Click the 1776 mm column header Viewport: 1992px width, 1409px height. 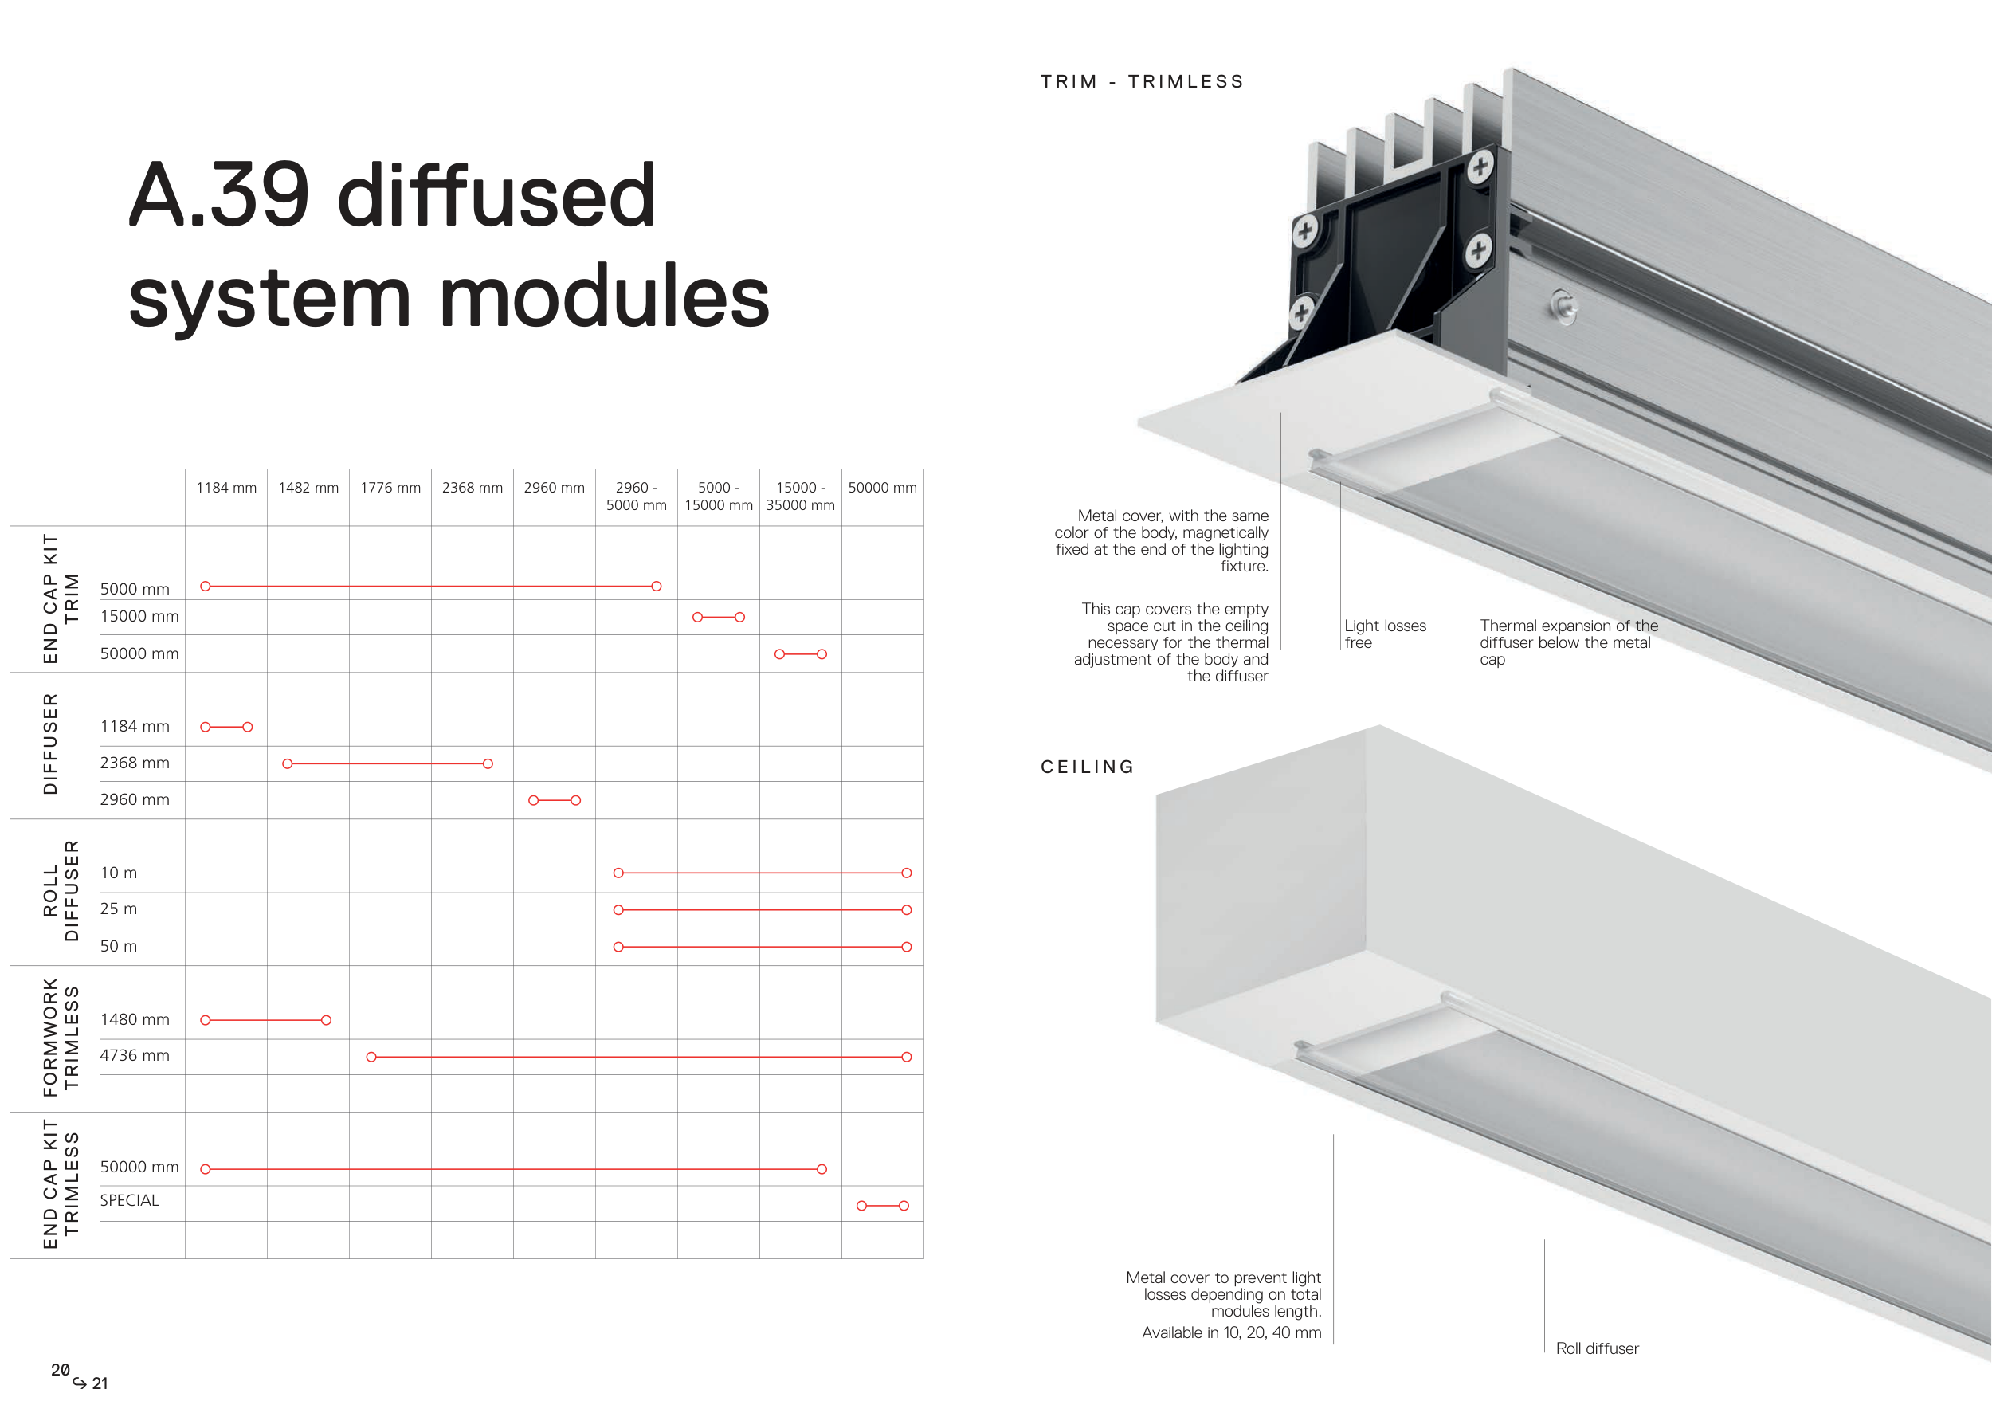[390, 488]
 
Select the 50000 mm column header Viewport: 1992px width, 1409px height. [882, 488]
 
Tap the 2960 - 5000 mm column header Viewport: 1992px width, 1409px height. [636, 496]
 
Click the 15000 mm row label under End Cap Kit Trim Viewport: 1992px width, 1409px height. [139, 616]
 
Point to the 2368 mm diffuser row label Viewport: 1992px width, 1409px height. [135, 763]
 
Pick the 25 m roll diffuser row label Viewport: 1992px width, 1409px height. [118, 909]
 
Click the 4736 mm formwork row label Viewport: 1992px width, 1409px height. [135, 1055]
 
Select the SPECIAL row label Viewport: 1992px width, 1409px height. [129, 1200]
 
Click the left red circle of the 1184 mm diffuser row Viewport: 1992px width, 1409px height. [206, 727]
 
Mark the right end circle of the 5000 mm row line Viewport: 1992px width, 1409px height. [657, 587]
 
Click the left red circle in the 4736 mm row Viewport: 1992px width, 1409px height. [371, 1057]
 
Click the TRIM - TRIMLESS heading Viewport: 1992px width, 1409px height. [1143, 81]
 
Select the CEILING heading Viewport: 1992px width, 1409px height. [1088, 767]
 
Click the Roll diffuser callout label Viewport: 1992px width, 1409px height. [1596, 1348]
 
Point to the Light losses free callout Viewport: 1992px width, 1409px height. [1384, 634]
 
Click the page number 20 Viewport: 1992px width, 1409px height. [60, 1370]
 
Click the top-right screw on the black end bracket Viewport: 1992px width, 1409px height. [1480, 166]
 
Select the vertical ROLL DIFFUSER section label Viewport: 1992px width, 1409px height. [61, 891]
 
